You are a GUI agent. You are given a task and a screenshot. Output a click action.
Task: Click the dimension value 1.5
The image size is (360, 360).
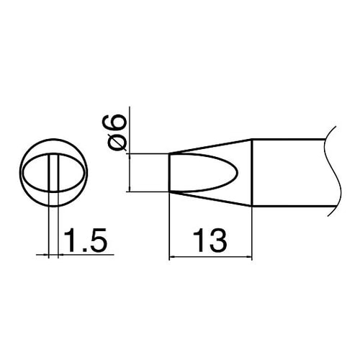86,239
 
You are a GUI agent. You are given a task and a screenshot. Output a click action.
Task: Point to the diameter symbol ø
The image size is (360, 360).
120,141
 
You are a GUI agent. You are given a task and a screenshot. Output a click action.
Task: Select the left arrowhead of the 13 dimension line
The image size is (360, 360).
172,255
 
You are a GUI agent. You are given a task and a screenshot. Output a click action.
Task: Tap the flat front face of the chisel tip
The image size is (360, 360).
168,173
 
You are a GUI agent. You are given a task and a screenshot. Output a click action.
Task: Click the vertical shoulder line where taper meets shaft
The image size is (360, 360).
254,173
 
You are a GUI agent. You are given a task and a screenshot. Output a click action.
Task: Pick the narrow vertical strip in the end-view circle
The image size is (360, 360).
53,173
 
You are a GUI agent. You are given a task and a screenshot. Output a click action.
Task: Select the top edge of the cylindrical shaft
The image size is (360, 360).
288,139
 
